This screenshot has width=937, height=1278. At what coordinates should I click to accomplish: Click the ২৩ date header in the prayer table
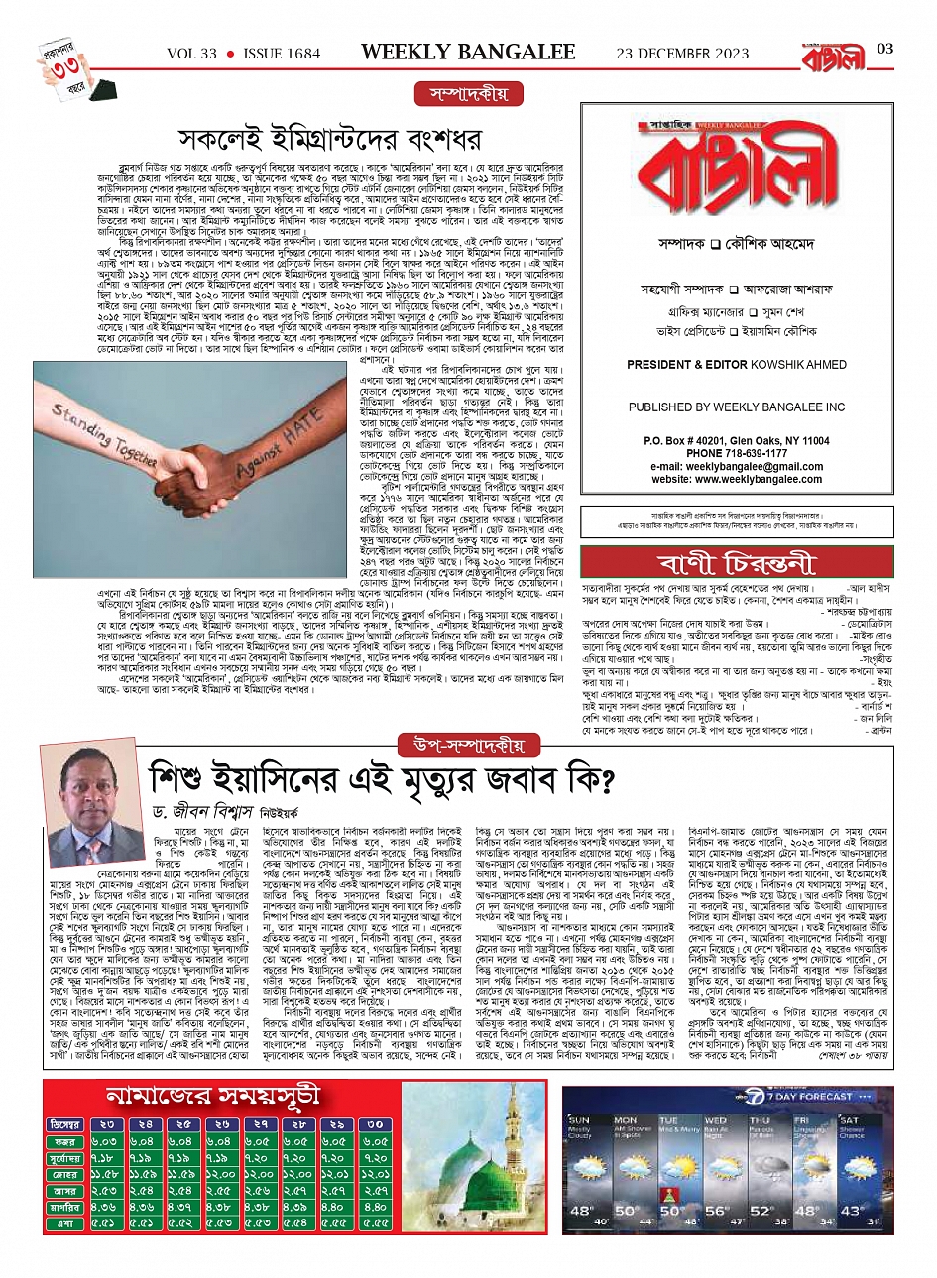click(x=104, y=1124)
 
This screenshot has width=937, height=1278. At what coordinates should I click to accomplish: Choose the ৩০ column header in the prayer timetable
click(x=376, y=1124)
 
